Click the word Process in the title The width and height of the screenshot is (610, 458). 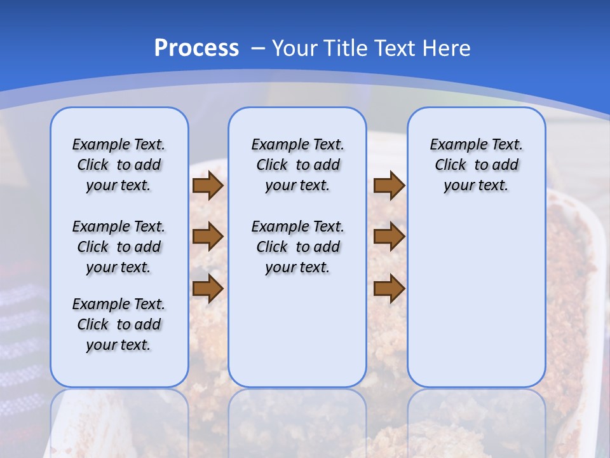196,48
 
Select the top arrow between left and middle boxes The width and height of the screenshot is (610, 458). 208,186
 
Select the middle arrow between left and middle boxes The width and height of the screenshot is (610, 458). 208,237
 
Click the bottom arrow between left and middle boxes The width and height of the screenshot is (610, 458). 208,288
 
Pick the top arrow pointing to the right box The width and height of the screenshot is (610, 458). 389,186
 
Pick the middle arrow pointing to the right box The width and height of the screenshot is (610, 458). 389,237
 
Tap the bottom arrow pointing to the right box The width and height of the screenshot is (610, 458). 389,288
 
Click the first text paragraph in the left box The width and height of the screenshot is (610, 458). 119,165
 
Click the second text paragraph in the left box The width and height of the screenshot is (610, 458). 119,247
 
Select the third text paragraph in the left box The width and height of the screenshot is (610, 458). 119,324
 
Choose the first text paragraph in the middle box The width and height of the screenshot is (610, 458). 297,165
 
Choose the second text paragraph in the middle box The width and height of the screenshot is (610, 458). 297,247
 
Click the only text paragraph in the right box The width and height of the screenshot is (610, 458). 476,165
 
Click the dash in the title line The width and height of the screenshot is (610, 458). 258,48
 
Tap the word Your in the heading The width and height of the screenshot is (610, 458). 295,48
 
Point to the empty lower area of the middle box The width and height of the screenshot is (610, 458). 297,331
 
